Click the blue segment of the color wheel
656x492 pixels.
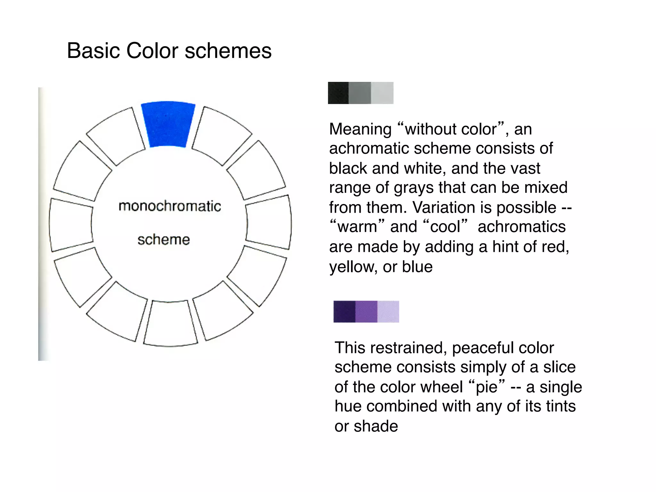pos(168,124)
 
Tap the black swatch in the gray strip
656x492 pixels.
pos(338,93)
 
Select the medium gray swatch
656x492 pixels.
pos(360,93)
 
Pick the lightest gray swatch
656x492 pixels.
pos(382,93)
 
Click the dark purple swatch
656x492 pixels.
pos(344,311)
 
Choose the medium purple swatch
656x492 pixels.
pos(366,311)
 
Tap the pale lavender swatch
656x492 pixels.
pos(388,311)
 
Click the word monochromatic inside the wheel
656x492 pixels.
pos(169,206)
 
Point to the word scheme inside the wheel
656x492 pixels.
pos(164,240)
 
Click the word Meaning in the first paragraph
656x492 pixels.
pos(360,129)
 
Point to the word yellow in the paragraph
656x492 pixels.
pos(353,267)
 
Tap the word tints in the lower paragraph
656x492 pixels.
pos(561,406)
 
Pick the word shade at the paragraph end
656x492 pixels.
pos(376,426)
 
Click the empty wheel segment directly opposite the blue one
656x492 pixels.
pos(170,324)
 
